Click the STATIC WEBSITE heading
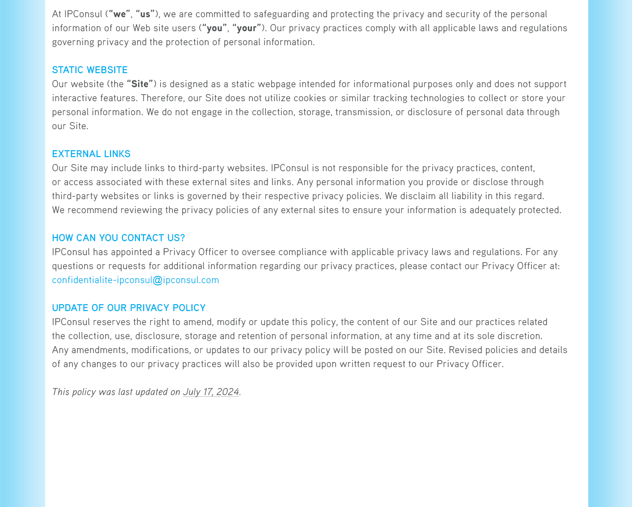[x=89, y=70]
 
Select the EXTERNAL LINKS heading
[x=91, y=154]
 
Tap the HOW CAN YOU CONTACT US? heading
[x=118, y=238]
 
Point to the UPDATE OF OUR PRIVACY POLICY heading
[x=129, y=308]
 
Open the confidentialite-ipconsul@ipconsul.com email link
[x=135, y=280]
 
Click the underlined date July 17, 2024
[x=211, y=392]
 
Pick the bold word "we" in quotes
[x=119, y=14]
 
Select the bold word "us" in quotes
[x=145, y=14]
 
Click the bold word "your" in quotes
[x=246, y=28]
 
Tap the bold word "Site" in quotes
[x=140, y=84]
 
